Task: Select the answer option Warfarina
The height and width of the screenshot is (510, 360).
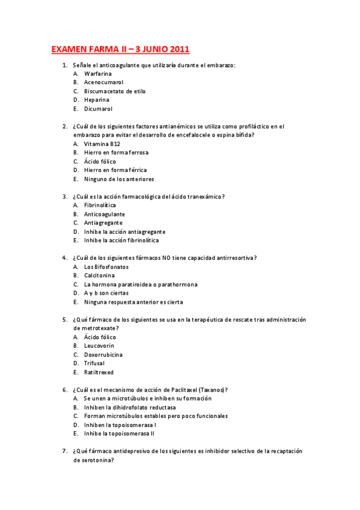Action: [98, 73]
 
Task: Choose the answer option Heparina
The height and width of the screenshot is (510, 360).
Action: [97, 100]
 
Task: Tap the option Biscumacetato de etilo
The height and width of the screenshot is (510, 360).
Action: [115, 91]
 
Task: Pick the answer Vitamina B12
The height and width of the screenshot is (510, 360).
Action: [102, 144]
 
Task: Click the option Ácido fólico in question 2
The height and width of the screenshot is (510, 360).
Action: [100, 162]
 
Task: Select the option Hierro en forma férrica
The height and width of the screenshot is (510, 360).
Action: [115, 170]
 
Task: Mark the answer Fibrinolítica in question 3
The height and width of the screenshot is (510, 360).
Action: [100, 206]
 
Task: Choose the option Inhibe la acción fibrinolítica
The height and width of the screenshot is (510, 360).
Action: [122, 241]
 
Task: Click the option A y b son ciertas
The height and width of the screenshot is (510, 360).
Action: [106, 293]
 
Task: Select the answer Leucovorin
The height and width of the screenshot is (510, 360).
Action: [99, 346]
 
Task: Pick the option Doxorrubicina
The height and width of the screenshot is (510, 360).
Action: [103, 355]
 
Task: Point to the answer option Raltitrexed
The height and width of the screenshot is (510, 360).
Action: [99, 372]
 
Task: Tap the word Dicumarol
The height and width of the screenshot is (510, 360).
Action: [98, 109]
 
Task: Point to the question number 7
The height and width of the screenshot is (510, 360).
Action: [64, 451]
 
